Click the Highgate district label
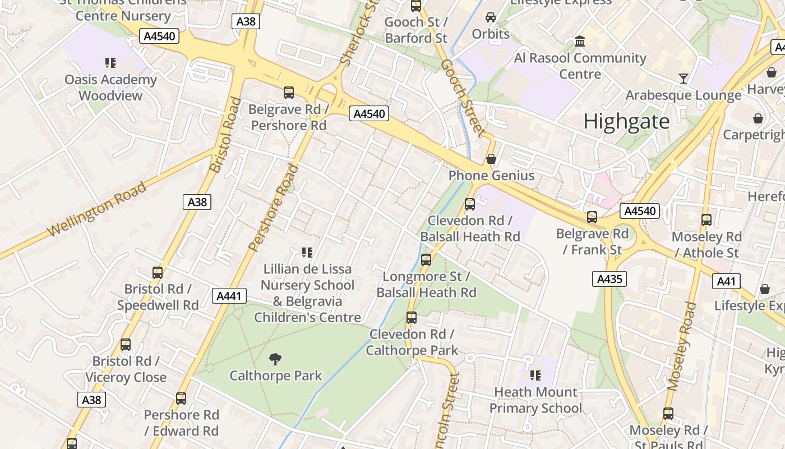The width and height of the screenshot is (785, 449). pyautogui.click(x=626, y=121)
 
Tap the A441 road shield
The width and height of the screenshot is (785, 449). pyautogui.click(x=229, y=296)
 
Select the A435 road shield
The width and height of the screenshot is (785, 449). pyautogui.click(x=609, y=279)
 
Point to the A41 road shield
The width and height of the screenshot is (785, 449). pyautogui.click(x=726, y=281)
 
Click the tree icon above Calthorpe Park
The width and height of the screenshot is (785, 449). pyautogui.click(x=275, y=359)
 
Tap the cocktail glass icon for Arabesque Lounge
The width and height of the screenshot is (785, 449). pyautogui.click(x=684, y=78)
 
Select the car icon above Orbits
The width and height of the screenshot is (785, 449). pyautogui.click(x=491, y=17)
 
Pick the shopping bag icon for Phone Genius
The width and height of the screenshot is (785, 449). pyautogui.click(x=491, y=159)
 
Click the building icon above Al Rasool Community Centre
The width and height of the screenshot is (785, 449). pyautogui.click(x=580, y=42)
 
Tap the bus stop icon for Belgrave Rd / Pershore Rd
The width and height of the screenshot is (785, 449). pyautogui.click(x=289, y=93)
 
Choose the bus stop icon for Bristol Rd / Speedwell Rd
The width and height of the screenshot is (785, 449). pyautogui.click(x=158, y=273)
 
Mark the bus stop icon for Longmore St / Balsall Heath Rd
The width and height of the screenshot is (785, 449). pyautogui.click(x=426, y=260)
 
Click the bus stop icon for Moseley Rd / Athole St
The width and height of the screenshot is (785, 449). pyautogui.click(x=706, y=220)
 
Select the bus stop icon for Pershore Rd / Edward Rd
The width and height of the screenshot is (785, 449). pyautogui.click(x=181, y=398)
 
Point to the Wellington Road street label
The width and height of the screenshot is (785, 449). pyautogui.click(x=96, y=209)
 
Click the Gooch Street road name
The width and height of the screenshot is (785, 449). pyautogui.click(x=461, y=98)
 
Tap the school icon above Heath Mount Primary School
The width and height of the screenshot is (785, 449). pyautogui.click(x=535, y=375)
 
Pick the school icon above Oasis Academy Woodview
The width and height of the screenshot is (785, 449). pyautogui.click(x=110, y=62)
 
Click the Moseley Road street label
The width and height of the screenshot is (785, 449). pyautogui.click(x=682, y=346)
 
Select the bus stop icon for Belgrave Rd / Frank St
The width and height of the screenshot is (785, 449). pyautogui.click(x=592, y=217)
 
